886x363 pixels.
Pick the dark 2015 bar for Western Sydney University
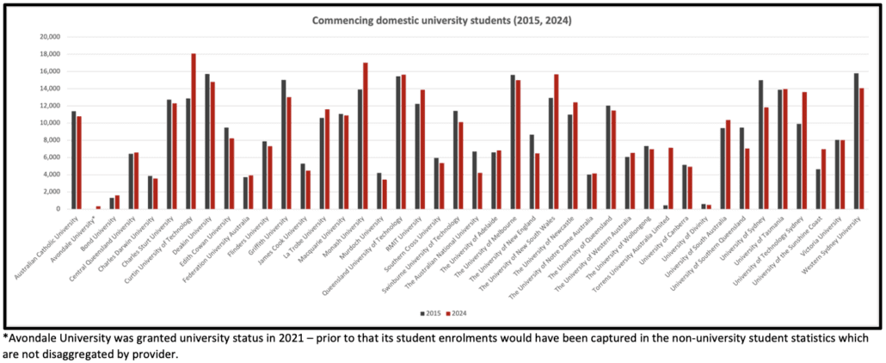(856, 141)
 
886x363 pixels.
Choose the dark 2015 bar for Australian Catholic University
(73, 160)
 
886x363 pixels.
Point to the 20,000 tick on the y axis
(46, 37)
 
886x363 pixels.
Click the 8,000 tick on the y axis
(49, 140)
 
